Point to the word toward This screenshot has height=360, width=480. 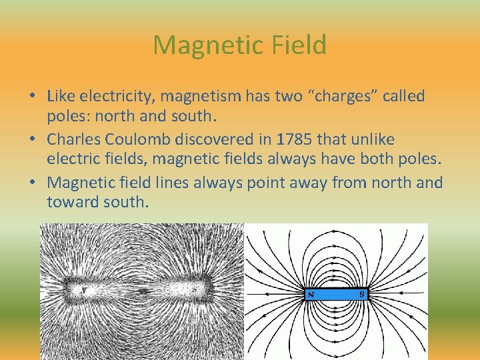70,201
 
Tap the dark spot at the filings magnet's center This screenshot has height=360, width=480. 142,291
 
